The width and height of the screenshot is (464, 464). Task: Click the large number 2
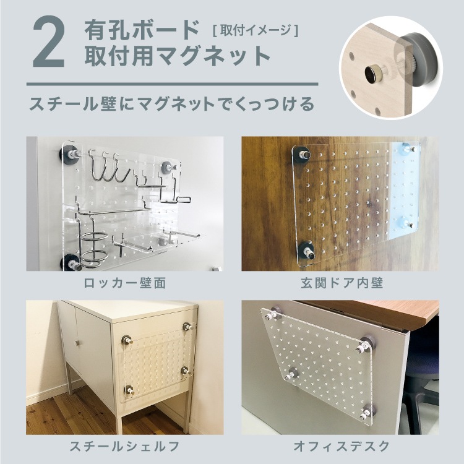pos(49,43)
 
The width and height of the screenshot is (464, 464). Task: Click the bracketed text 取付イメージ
pos(256,29)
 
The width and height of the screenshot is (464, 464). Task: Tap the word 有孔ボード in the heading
pos(142,30)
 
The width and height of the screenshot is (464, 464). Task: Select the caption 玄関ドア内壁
pos(340,284)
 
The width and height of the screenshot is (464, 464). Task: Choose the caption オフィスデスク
pos(340,445)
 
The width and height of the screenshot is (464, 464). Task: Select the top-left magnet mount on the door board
pos(303,154)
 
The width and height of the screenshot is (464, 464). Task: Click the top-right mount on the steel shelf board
pos(187,326)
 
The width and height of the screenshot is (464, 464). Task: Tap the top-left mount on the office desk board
pos(270,316)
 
